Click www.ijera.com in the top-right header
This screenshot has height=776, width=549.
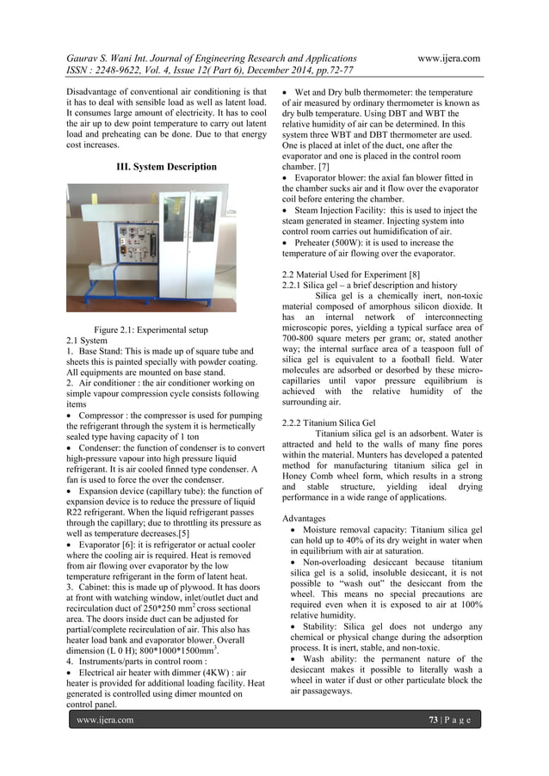tap(447, 59)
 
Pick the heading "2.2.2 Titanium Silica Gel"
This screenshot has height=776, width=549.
tap(323, 422)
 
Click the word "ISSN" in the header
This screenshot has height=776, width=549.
tap(81, 73)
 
